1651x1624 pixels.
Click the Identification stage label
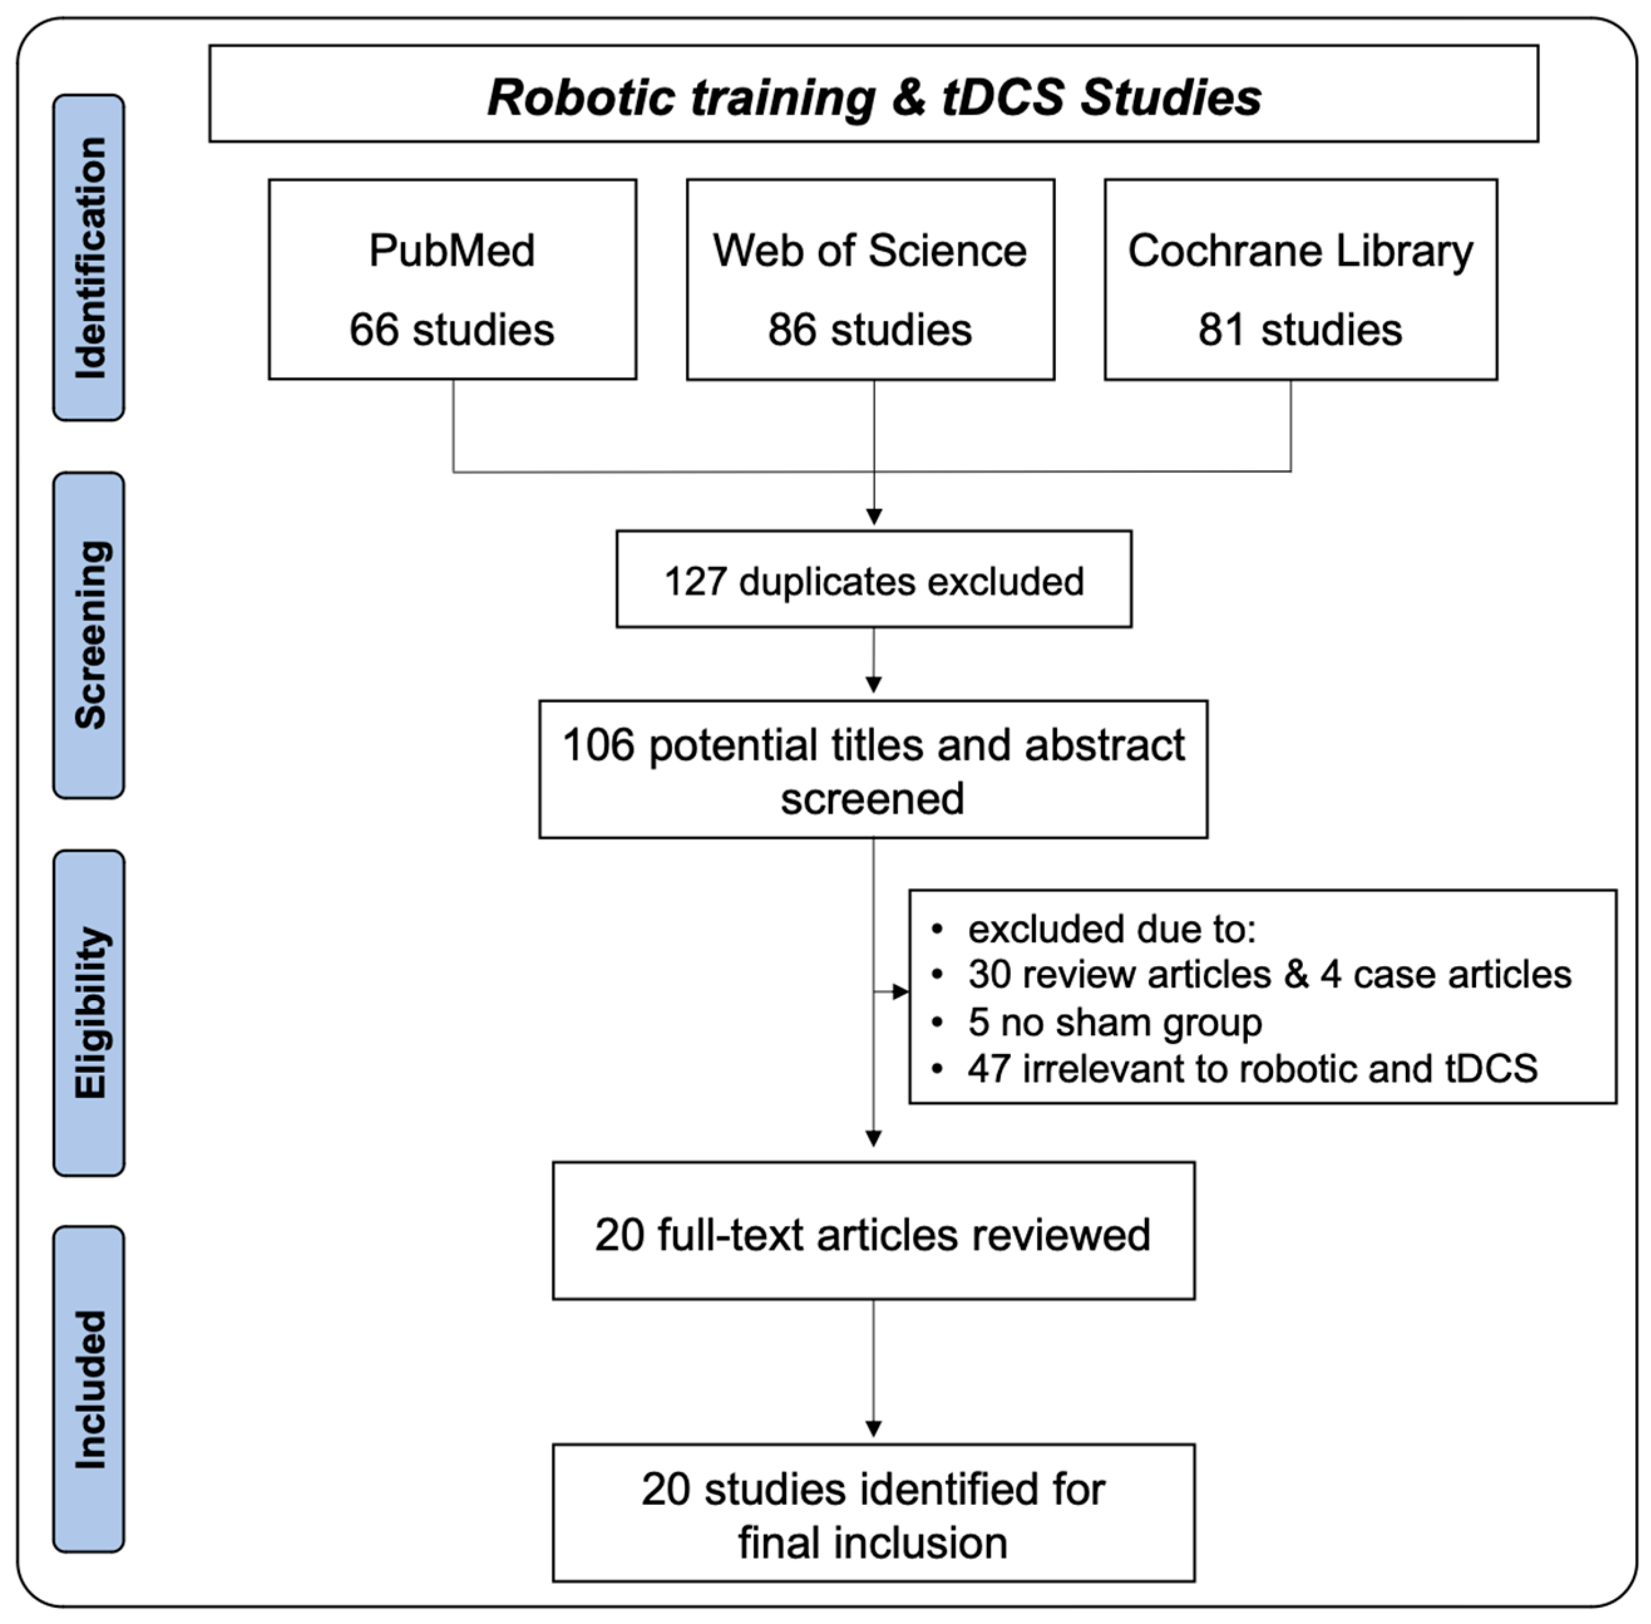point(88,258)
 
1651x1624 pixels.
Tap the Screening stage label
point(88,635)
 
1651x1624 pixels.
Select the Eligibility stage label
point(88,1013)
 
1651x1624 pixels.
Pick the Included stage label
point(88,1389)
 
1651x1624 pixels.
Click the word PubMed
point(452,251)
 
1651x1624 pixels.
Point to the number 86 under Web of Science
point(792,330)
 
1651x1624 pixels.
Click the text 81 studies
point(1300,330)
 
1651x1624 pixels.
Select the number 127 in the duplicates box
point(694,582)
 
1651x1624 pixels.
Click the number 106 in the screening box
point(599,746)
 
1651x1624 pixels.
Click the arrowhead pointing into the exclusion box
point(900,992)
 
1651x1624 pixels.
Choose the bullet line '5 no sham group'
point(1114,1022)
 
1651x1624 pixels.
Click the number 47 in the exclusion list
point(988,1068)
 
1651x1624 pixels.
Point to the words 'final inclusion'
point(872,1543)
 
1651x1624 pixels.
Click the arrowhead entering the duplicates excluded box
point(874,517)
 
